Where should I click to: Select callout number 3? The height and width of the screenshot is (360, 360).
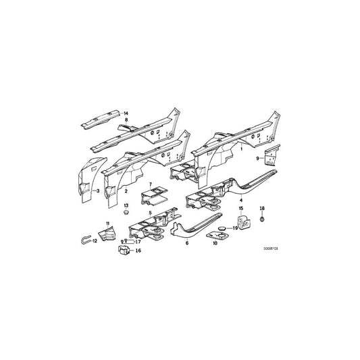point(99,191)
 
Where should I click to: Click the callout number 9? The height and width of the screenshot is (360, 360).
point(256,157)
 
